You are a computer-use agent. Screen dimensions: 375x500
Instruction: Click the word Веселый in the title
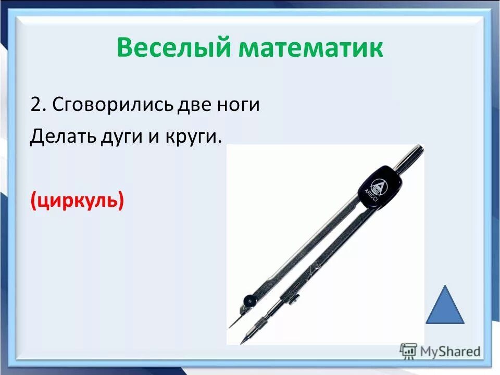point(175,48)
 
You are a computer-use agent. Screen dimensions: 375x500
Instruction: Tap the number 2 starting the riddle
point(35,105)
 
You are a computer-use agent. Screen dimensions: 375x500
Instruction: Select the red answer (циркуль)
point(77,199)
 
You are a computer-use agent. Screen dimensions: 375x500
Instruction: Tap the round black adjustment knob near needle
point(251,301)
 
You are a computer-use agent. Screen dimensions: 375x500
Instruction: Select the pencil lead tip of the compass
point(243,341)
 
